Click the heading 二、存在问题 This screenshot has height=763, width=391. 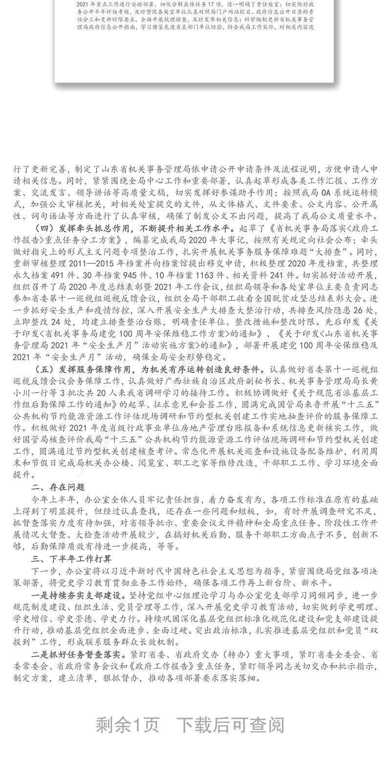(x=58, y=487)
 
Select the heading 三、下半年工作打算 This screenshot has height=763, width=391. (x=71, y=559)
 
